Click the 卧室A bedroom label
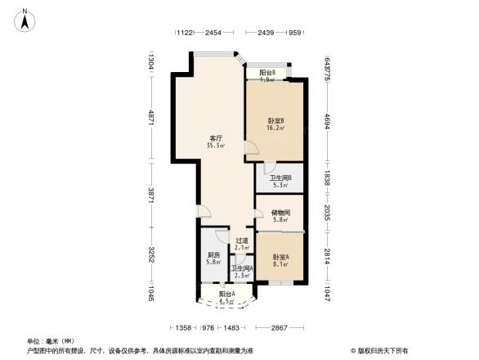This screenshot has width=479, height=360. point(280,255)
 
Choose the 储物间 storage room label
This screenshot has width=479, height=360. point(280,212)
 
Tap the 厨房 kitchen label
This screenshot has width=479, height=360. point(213,254)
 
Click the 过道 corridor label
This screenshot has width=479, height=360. point(241,241)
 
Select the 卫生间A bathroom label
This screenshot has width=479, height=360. point(241,268)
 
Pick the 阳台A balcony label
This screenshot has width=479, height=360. point(227,294)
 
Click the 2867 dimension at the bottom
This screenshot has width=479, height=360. point(280,327)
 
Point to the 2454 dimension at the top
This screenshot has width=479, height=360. point(213,33)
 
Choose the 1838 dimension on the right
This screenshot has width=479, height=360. point(326,178)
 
